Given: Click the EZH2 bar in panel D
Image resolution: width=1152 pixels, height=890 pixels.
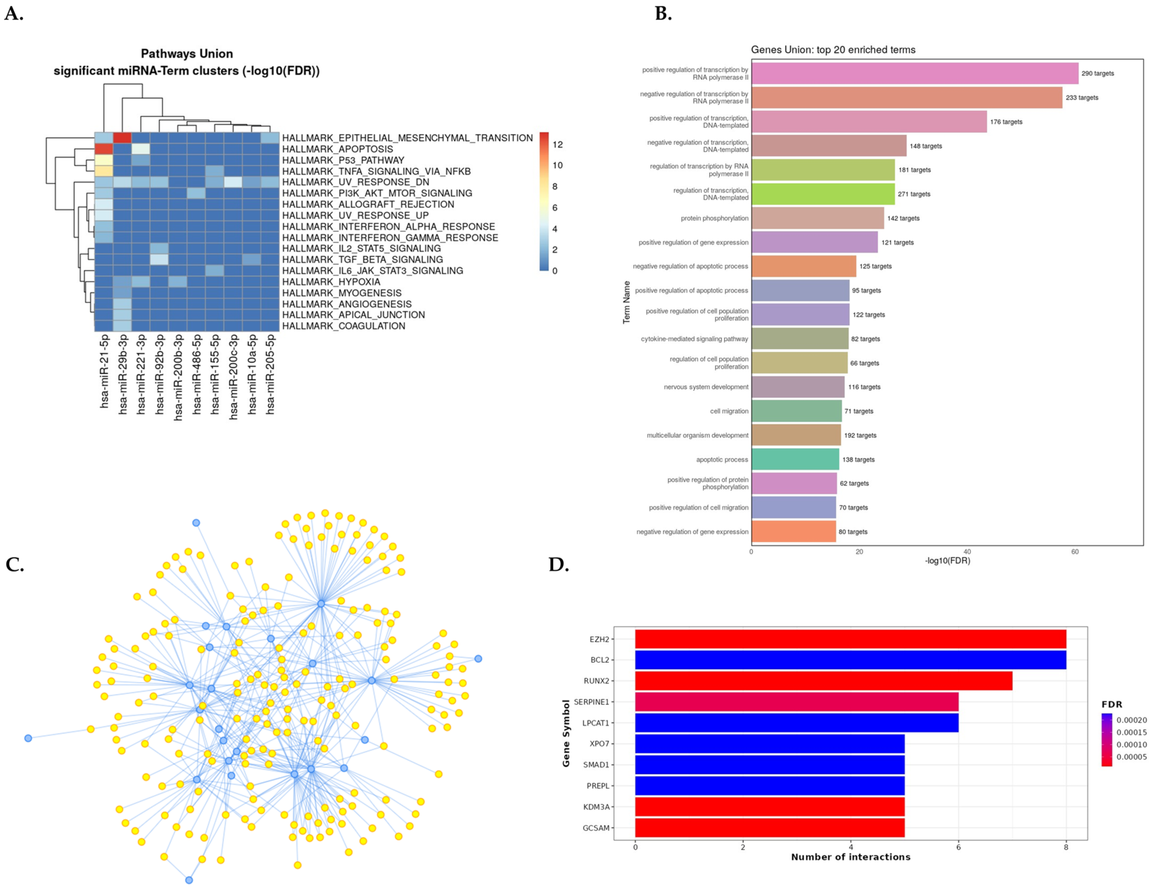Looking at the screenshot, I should [x=850, y=639].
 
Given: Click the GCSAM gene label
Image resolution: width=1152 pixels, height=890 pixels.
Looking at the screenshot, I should [x=596, y=828].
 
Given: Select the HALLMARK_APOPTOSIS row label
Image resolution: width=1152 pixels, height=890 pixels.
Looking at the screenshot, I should [x=338, y=149].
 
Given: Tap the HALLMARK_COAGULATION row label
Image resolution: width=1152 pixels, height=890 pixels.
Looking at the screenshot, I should [x=344, y=326].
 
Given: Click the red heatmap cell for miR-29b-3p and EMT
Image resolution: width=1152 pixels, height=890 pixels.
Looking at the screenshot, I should [x=122, y=138].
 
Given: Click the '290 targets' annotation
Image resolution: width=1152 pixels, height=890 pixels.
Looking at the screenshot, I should [x=1098, y=73].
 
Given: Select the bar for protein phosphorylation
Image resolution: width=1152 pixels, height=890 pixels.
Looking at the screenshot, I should [x=818, y=218].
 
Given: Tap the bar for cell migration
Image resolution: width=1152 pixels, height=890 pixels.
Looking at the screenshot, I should [x=797, y=411].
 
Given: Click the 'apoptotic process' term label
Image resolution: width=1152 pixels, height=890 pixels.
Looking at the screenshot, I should [x=722, y=460].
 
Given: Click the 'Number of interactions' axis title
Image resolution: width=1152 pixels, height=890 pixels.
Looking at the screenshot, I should [x=850, y=857].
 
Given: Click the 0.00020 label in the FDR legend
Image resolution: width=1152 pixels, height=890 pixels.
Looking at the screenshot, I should [x=1131, y=720].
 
